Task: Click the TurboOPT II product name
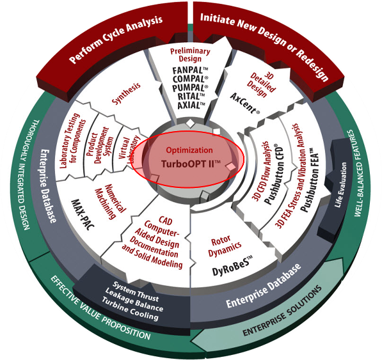tap(191, 164)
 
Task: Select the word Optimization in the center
tap(189, 150)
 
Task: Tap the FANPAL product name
tap(190, 70)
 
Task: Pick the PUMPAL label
tap(190, 88)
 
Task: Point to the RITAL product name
tap(191, 97)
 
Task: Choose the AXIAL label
tap(191, 105)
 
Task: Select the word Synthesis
tap(126, 93)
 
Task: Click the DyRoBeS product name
tap(232, 265)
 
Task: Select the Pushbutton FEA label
tap(310, 182)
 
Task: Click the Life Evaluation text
tap(340, 185)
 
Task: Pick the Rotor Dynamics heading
tap(225, 246)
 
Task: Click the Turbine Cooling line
tap(130, 308)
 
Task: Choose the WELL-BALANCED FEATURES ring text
tap(357, 173)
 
